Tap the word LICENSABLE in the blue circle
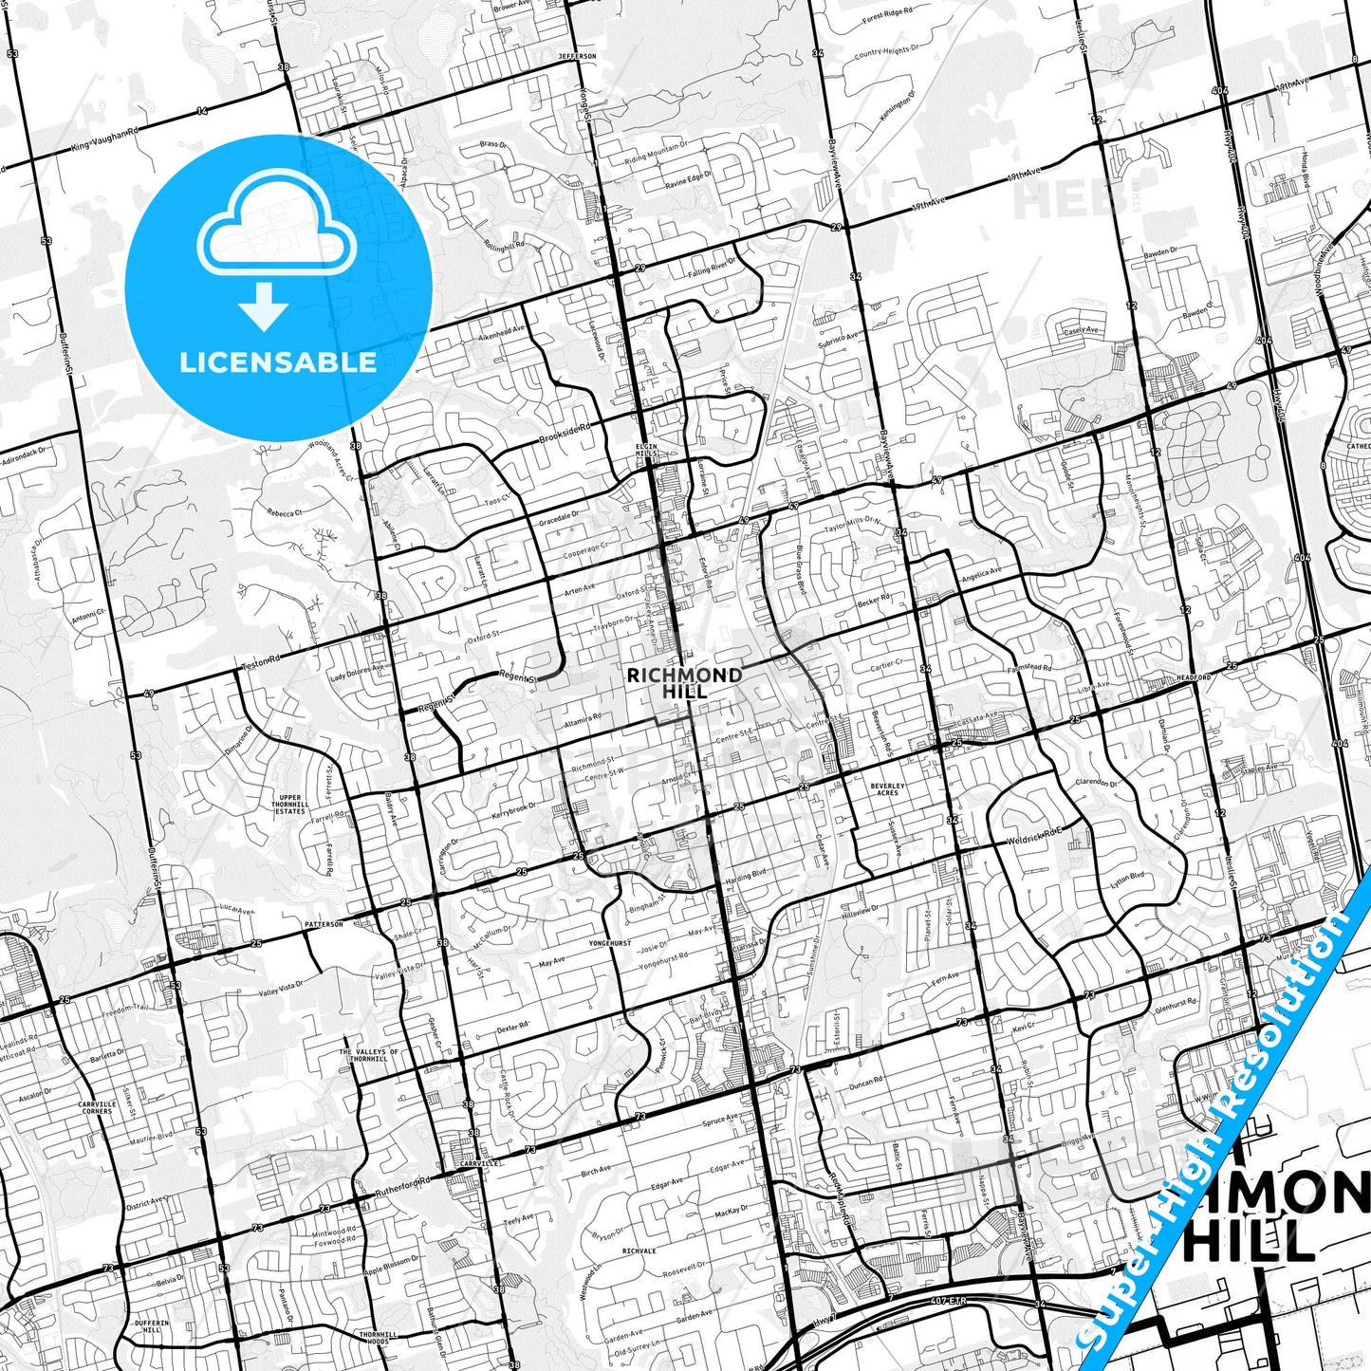278,362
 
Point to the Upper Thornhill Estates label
290,805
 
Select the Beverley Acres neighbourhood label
887,789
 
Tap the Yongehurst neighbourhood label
610,943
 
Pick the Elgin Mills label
646,450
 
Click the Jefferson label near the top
577,57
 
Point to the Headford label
1195,677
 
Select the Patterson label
324,923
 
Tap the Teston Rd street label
262,658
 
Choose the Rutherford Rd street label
402,1187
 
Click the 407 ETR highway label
949,1301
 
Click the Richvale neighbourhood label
639,1251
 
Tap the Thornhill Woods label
379,1338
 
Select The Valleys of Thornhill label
369,1055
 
